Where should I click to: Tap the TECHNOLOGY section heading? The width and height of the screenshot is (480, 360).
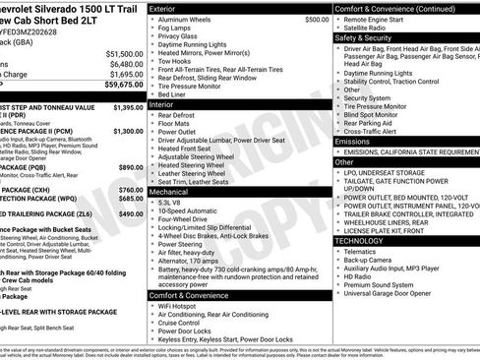[363, 240]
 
